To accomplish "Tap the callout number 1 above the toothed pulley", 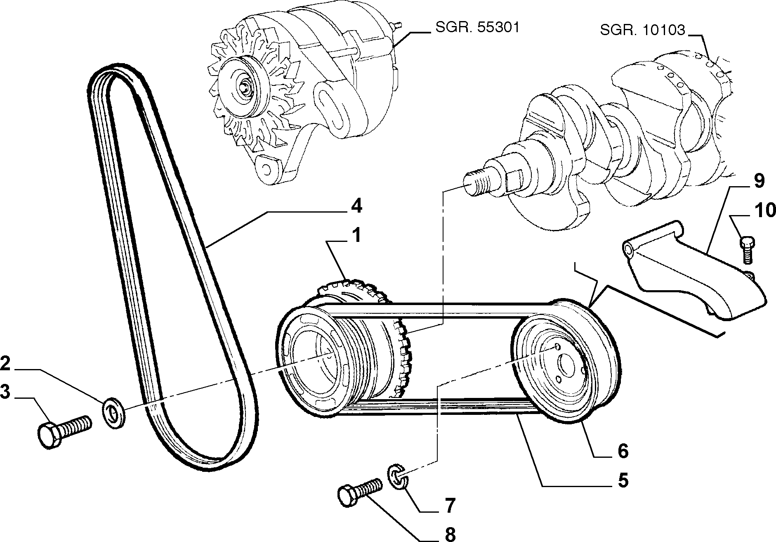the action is pos(356,236).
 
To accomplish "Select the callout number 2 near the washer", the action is pos(5,364).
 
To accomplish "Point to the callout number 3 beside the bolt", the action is pos(5,393).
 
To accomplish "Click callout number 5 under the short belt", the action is pos(623,480).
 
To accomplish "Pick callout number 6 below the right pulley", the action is pos(623,451).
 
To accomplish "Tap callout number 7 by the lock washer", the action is pos(450,505).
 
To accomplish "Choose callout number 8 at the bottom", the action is pos(450,534).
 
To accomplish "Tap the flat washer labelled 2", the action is pos(113,413).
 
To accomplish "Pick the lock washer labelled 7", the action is pos(398,478).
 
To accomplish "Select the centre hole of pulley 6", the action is pos(564,365).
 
